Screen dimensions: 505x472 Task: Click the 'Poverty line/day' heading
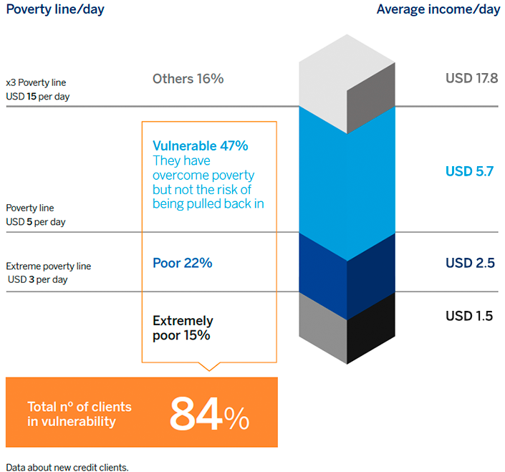pyautogui.click(x=55, y=9)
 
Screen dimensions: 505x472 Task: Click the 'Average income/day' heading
pyautogui.click(x=438, y=9)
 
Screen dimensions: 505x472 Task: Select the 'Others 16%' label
pyautogui.click(x=188, y=79)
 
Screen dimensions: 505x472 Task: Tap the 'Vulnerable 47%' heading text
pyautogui.click(x=201, y=146)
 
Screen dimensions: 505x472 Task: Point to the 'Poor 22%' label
pyautogui.click(x=182, y=263)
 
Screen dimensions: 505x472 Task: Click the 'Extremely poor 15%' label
pyautogui.click(x=183, y=328)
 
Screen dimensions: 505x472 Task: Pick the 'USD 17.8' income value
pyautogui.click(x=472, y=78)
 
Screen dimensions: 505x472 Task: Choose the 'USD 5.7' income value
pyautogui.click(x=470, y=171)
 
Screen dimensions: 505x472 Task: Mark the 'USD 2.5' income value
pyautogui.click(x=470, y=263)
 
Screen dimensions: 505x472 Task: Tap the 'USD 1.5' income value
pyautogui.click(x=469, y=316)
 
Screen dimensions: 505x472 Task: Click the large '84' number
pyautogui.click(x=196, y=414)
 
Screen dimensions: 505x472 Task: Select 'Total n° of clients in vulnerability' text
pyautogui.click(x=80, y=414)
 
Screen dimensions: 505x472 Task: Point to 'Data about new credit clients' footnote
pyautogui.click(x=67, y=467)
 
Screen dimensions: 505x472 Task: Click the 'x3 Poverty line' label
pyautogui.click(x=36, y=83)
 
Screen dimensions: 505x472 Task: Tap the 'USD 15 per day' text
pyautogui.click(x=38, y=97)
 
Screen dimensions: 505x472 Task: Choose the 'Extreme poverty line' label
pyautogui.click(x=48, y=266)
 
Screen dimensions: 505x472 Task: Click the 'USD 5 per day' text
pyautogui.click(x=36, y=222)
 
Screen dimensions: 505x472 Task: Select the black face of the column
pyautogui.click(x=371, y=329)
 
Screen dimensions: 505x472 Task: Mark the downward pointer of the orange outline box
pyautogui.click(x=209, y=367)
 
